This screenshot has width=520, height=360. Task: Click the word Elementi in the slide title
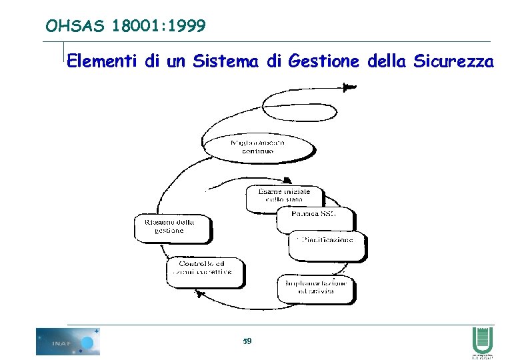[x=103, y=62]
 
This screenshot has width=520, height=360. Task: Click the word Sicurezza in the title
[x=453, y=62]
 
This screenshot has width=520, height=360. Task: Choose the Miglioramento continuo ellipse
[x=257, y=147]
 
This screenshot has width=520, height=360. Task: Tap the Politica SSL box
[x=313, y=215]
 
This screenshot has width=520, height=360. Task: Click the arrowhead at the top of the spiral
[x=349, y=87]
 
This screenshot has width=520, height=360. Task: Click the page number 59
[x=247, y=341]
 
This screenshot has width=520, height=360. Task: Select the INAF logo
[x=68, y=341]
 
